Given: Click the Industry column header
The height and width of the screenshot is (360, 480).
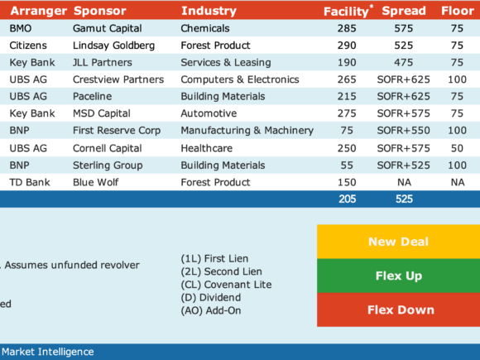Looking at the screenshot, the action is click(x=209, y=11).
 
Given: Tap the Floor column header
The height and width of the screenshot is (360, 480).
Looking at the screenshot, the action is click(x=458, y=11).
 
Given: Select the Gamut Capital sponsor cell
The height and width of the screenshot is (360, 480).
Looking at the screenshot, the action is click(x=107, y=28).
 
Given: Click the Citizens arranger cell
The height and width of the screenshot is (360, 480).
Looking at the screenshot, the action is click(x=28, y=46).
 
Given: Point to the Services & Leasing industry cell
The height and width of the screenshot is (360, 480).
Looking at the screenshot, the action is click(x=226, y=62).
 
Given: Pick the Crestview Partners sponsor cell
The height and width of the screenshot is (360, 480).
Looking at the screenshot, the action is click(x=118, y=79).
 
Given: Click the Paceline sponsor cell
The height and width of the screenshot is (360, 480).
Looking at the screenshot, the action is click(x=92, y=97).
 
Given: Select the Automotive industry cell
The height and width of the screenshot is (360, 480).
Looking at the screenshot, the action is click(x=209, y=113).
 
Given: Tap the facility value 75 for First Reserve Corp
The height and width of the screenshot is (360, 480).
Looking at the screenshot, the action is click(x=347, y=131).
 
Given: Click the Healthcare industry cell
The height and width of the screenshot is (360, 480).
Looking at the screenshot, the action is click(x=207, y=148).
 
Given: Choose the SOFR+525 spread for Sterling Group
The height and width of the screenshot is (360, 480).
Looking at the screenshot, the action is click(x=404, y=166).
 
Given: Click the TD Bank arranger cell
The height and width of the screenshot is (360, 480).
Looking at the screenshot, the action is click(x=30, y=182).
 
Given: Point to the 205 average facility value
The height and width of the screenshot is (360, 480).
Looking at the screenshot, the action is click(x=347, y=199).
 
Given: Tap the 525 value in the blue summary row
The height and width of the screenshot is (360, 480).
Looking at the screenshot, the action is click(x=404, y=199).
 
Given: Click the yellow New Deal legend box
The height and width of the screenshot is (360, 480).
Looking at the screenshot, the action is click(x=399, y=242).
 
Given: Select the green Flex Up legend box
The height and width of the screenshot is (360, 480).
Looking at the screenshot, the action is click(x=399, y=276).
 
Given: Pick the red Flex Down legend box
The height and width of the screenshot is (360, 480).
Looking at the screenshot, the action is click(x=399, y=310).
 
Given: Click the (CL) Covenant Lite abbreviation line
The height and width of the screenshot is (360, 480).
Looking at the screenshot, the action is click(x=226, y=285).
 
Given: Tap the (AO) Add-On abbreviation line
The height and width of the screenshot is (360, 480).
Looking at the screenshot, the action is click(x=211, y=310).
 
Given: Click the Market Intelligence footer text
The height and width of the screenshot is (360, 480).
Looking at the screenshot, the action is click(x=48, y=352).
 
